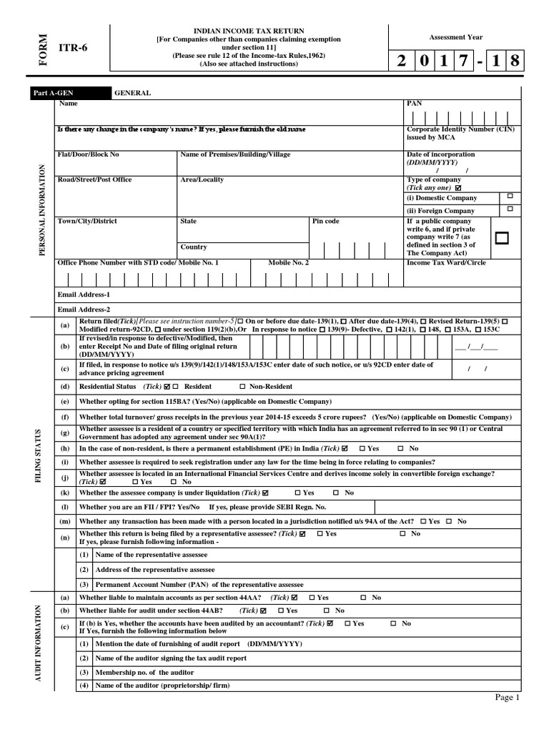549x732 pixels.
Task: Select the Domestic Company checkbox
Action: (510, 196)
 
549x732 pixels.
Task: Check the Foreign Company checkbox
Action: (510, 209)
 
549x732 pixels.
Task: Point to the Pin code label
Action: (326, 222)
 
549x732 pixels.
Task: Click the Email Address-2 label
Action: (84, 310)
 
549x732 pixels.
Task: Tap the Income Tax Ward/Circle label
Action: (446, 262)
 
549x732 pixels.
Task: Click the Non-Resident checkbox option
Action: (242, 385)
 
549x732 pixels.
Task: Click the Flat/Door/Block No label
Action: (88, 154)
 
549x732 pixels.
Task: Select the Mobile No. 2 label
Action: (289, 262)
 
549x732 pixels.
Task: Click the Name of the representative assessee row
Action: (151, 555)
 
